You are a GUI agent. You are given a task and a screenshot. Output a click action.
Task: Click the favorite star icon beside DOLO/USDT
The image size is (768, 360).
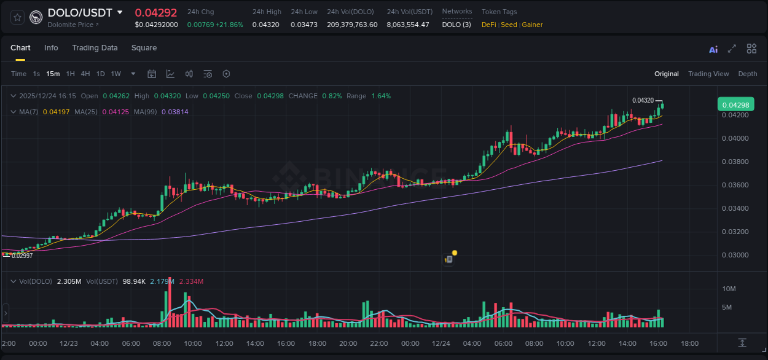click(17, 17)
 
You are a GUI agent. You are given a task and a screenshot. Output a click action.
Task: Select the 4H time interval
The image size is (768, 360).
click(85, 74)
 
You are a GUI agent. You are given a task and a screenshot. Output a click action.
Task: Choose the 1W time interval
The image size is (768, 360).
click(116, 74)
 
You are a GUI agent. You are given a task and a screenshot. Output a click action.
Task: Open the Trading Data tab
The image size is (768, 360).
click(95, 48)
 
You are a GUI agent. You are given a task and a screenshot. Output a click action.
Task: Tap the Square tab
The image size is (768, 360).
click(144, 48)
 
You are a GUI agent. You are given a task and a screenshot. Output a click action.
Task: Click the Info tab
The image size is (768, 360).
click(51, 48)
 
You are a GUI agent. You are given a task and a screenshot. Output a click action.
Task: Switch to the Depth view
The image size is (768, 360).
click(747, 74)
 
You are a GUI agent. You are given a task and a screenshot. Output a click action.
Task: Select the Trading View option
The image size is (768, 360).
click(708, 74)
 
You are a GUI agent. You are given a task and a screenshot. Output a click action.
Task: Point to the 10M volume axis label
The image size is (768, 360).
click(729, 289)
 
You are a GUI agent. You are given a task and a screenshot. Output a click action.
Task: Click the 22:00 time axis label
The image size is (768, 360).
click(379, 343)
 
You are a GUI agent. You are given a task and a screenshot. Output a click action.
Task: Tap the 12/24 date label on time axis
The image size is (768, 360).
click(441, 343)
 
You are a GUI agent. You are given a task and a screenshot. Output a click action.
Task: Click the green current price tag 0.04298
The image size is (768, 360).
click(735, 105)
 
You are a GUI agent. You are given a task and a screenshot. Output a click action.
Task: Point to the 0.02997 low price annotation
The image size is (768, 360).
click(22, 256)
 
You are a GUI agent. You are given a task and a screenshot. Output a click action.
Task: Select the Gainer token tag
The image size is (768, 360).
click(532, 25)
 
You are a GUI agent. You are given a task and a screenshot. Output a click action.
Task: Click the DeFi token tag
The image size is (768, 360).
click(488, 25)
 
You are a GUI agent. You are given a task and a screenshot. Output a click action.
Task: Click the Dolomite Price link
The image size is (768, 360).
click(72, 25)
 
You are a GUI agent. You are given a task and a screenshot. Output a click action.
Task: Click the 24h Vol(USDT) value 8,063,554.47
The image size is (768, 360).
click(408, 25)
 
